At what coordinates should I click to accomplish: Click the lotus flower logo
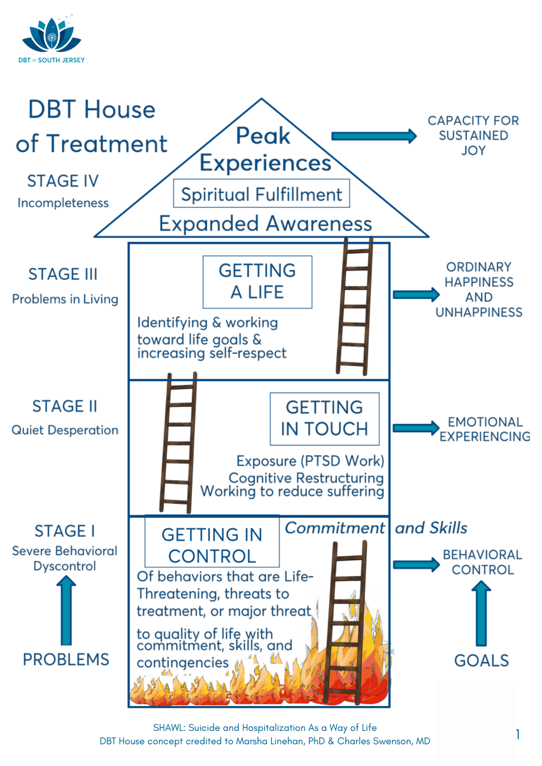(x=51, y=36)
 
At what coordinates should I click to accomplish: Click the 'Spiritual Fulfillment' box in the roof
(x=261, y=194)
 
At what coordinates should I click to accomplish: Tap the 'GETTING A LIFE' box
(x=257, y=282)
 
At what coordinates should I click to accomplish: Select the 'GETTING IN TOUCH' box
(x=324, y=418)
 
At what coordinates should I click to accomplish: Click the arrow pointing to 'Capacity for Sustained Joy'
(x=373, y=136)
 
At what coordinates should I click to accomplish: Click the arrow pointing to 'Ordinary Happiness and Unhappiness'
(x=416, y=295)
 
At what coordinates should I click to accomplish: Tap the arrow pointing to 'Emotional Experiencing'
(x=416, y=428)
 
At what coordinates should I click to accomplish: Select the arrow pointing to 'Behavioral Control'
(x=416, y=564)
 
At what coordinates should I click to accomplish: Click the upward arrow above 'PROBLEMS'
(x=66, y=610)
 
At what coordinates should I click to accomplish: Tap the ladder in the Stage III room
(x=354, y=307)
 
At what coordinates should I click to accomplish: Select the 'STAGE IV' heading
(x=63, y=181)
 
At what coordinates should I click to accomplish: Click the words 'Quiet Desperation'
(x=64, y=430)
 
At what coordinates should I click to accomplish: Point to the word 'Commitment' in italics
(x=334, y=528)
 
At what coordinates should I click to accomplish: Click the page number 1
(x=518, y=735)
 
